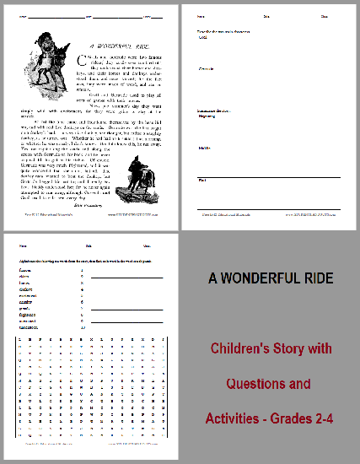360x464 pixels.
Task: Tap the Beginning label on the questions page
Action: point(206,117)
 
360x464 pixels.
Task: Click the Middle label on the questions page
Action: point(203,148)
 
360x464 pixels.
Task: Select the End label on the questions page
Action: point(201,179)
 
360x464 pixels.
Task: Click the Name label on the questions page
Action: point(201,16)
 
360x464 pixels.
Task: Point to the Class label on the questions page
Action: point(325,16)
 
